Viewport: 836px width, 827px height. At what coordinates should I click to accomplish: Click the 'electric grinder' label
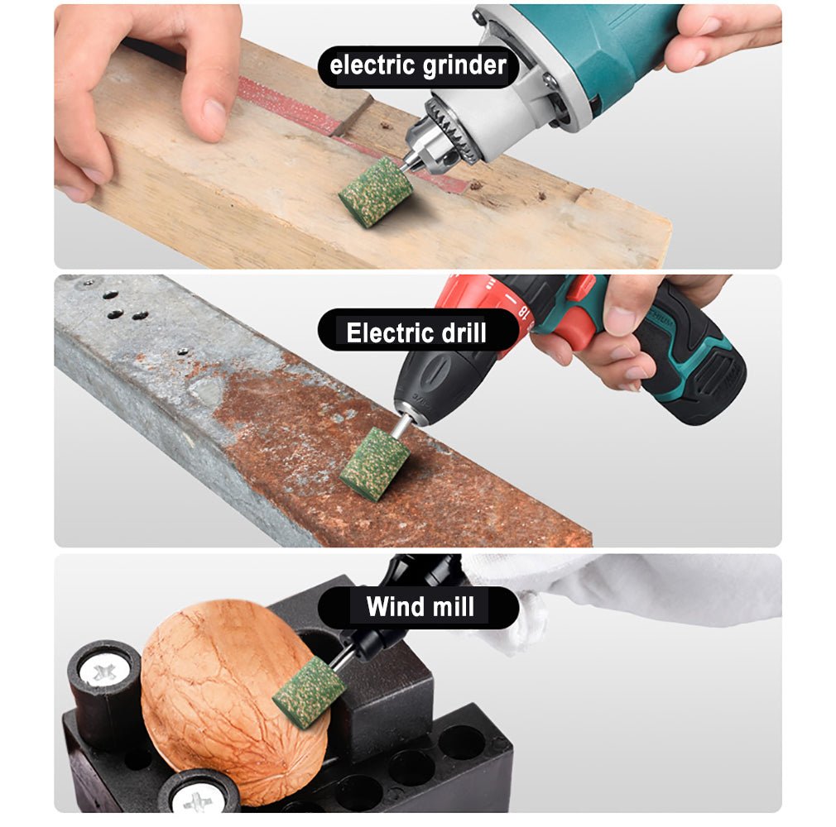coord(418,66)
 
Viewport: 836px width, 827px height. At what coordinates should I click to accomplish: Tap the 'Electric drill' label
coord(418,332)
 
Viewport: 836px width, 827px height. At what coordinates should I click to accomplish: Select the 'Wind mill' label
coord(418,607)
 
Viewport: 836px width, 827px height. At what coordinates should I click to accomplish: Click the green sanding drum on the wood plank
coord(376,193)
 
